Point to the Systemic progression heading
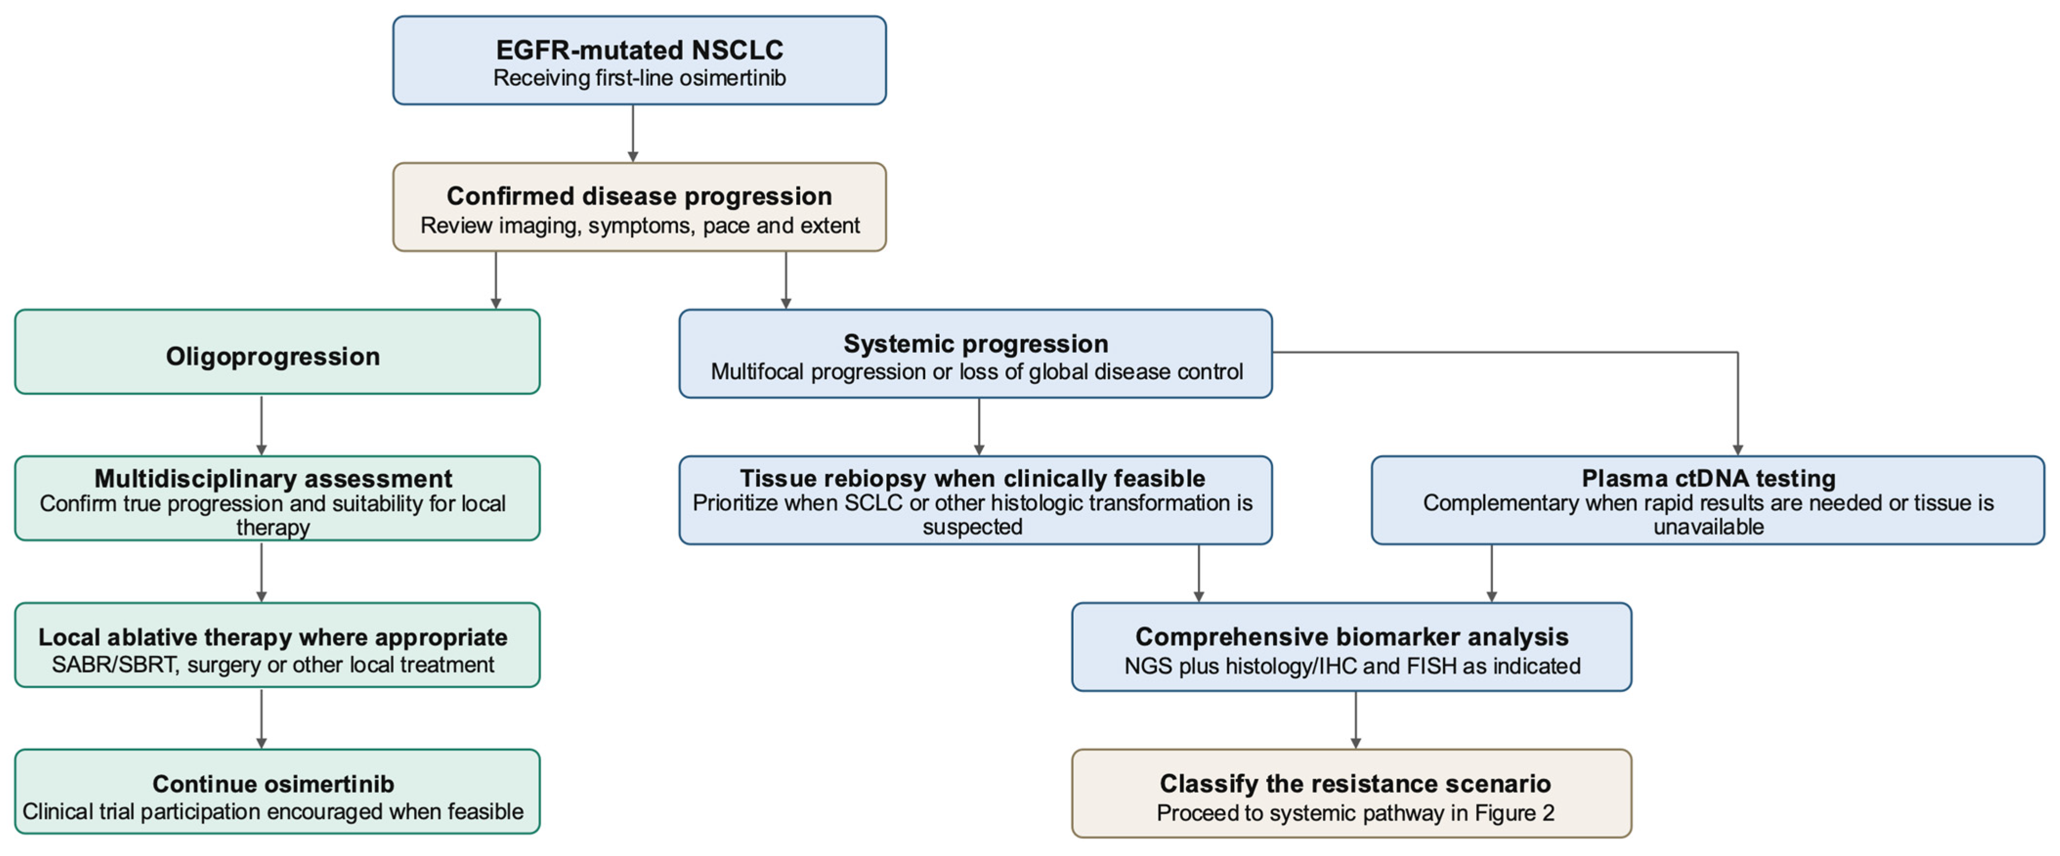pos(976,344)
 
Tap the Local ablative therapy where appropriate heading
pos(273,637)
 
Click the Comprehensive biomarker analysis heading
pos(1352,637)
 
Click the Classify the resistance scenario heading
pos(1356,784)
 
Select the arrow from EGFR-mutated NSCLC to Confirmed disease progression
pos(633,133)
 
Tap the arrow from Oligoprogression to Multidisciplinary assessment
pos(261,425)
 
